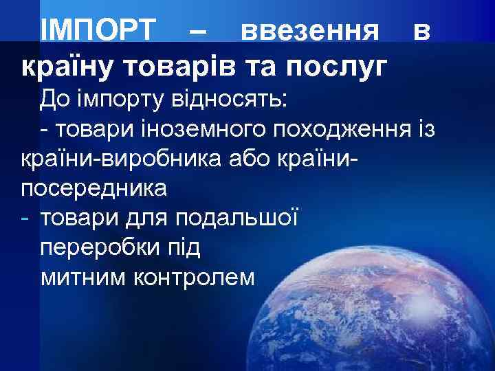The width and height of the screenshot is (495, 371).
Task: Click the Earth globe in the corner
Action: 385,302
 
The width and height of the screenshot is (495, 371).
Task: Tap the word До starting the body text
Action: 54,100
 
